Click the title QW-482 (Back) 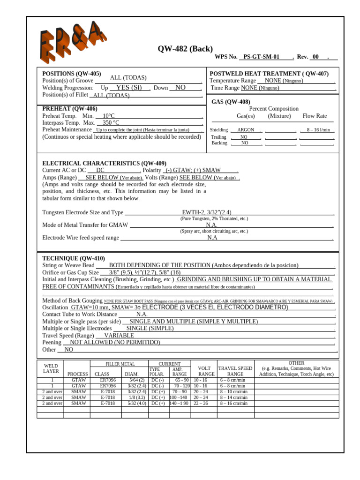click(185, 49)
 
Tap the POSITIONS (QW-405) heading click(71, 74)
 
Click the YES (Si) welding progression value click(129, 88)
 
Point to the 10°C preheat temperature click(108, 116)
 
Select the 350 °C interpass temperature click(111, 123)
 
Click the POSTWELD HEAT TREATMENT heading click(269, 74)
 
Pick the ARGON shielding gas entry click(246, 130)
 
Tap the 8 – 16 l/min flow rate click(318, 130)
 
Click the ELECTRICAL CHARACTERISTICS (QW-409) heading click(104, 163)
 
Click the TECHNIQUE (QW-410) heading click(74, 258)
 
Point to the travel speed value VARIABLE click(119, 336)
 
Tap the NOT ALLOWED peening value click(115, 343)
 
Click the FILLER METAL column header click(120, 364)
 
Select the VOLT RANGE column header click(204, 371)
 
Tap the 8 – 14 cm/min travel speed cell click(233, 397)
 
